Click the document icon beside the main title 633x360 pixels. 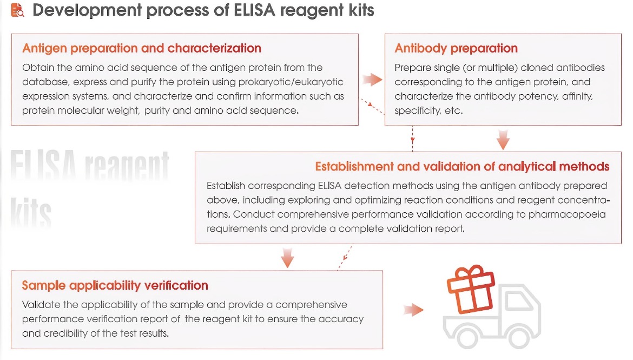pos(17,10)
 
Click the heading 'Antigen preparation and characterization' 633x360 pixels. pos(142,49)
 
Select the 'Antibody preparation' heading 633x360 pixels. pos(456,49)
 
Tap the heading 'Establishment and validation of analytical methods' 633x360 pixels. pos(462,166)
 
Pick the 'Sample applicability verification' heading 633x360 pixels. pos(115,285)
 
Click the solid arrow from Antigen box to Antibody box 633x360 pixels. pos(372,80)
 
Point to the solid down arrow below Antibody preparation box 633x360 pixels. pos(503,140)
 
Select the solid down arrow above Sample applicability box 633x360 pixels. pos(287,258)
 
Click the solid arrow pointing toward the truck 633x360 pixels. pos(413,310)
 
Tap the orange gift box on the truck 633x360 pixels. pos(471,289)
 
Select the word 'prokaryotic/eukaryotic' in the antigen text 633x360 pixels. pos(291,82)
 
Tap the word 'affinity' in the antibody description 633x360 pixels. pos(577,96)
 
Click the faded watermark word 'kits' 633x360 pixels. pos(31,213)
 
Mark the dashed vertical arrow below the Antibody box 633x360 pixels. pos(413,139)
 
